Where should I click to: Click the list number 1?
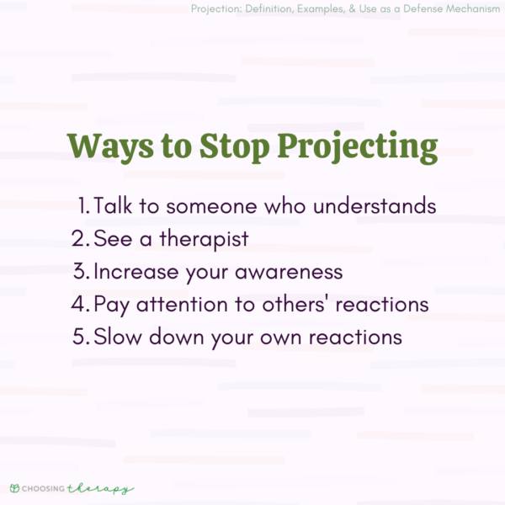(x=82, y=205)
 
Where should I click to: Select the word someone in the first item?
(x=194, y=205)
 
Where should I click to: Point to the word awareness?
(x=290, y=271)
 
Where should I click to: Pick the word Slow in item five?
(x=118, y=337)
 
